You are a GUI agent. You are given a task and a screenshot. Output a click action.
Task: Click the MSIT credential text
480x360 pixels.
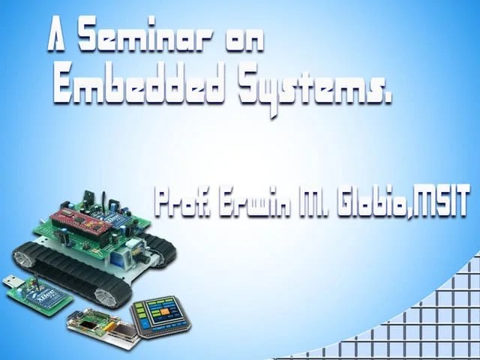point(442,204)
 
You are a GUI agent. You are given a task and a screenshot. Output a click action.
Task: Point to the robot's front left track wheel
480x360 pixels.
point(23,259)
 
